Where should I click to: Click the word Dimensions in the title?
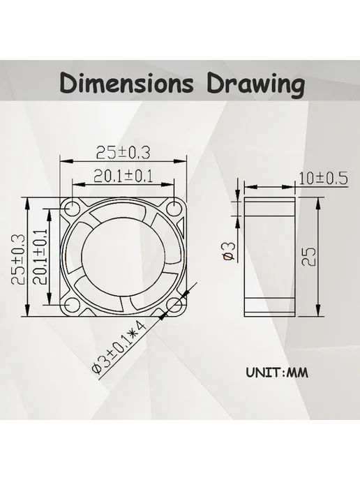pyautogui.click(x=126, y=83)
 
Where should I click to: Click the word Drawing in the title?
pyautogui.click(x=255, y=85)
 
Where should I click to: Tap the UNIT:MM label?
pyautogui.click(x=277, y=373)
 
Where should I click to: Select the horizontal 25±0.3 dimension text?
pyautogui.click(x=123, y=152)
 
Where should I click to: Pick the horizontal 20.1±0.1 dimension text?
pyautogui.click(x=123, y=176)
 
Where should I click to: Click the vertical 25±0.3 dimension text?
pyautogui.click(x=17, y=260)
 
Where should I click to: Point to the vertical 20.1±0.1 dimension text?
pyautogui.click(x=40, y=257)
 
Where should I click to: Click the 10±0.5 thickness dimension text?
pyautogui.click(x=323, y=179)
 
